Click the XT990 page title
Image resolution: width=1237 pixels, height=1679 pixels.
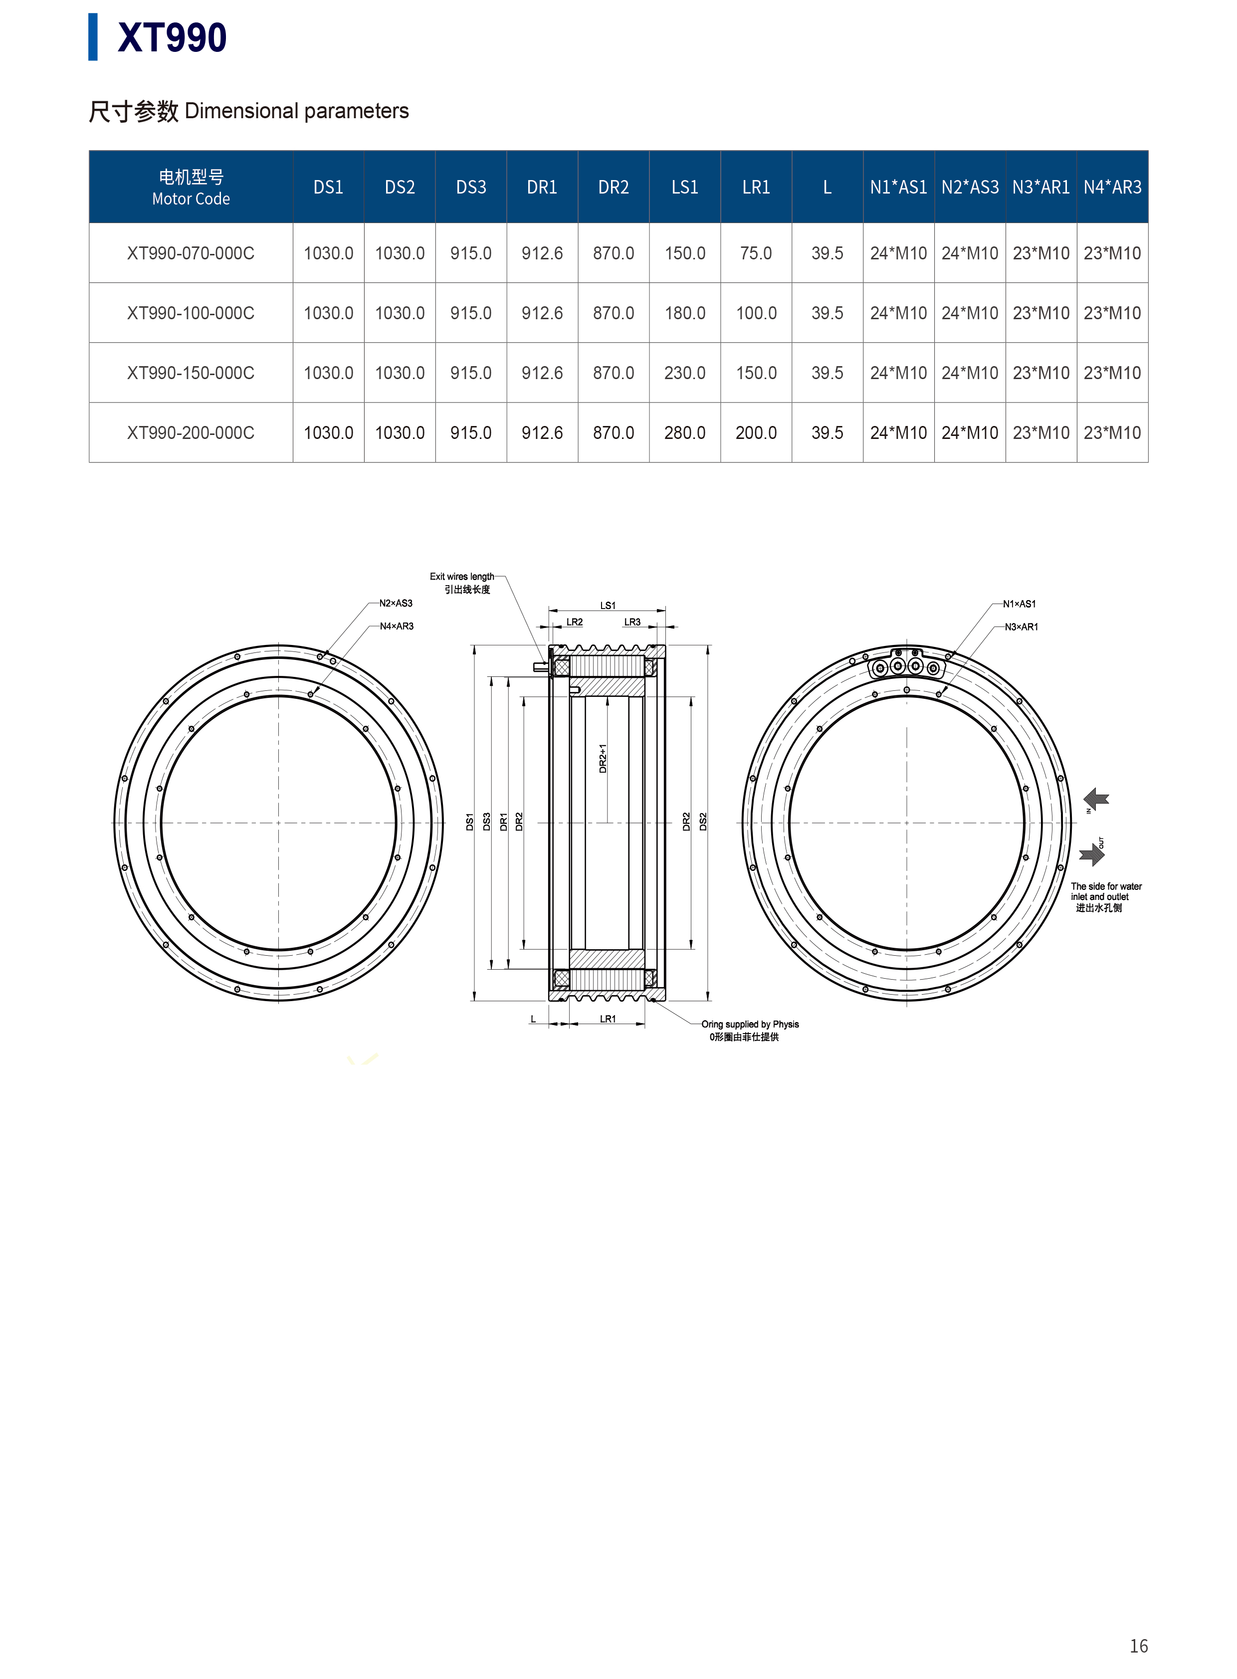(172, 37)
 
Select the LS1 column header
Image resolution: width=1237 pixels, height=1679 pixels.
(684, 187)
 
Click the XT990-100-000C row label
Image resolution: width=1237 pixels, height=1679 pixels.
(191, 313)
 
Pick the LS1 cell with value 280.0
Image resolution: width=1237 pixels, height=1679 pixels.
(684, 433)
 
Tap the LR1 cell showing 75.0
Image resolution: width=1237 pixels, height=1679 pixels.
(756, 253)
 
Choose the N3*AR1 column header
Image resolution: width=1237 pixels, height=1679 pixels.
(1041, 187)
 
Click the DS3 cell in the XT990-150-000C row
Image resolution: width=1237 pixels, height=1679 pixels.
(471, 373)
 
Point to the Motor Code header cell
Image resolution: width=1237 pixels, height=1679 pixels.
(191, 187)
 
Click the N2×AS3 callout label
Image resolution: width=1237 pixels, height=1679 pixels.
(396, 603)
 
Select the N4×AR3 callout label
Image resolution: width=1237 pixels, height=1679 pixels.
(396, 626)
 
